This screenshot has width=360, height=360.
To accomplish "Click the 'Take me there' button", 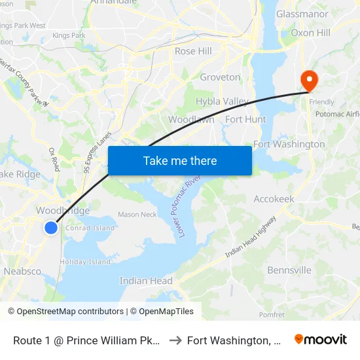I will coord(179,160).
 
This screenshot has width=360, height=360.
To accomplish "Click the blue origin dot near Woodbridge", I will coord(51,227).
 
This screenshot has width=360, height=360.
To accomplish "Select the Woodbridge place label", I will coord(63,211).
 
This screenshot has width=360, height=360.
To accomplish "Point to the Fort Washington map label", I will coord(289,144).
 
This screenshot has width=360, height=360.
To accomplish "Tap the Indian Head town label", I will coord(146,281).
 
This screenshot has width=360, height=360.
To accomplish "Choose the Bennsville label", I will coord(289,270).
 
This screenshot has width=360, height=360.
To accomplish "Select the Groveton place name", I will coord(220,77).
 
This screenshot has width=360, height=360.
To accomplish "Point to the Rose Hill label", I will coord(193,51).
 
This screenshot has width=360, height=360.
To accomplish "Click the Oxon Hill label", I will coord(310,32).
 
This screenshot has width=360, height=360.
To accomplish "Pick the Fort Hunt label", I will coord(245,119).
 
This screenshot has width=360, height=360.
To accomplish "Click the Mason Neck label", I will coord(137,214).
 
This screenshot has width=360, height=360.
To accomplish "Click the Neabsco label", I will coord(22,271).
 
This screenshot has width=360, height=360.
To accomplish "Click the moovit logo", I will coord(321,339).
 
